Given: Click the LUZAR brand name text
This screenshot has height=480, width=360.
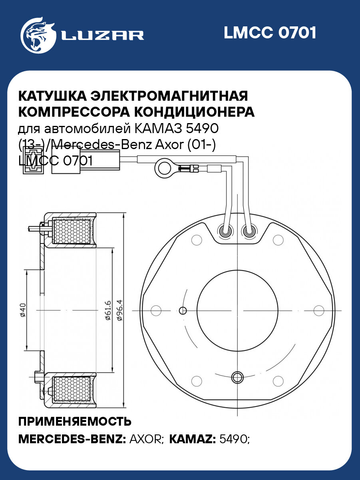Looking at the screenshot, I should (x=102, y=35).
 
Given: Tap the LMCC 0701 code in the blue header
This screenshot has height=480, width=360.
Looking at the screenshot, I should (x=270, y=33).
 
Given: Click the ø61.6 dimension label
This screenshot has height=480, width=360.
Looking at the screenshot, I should (x=107, y=310).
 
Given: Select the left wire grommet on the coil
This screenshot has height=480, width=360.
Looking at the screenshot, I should (x=225, y=231).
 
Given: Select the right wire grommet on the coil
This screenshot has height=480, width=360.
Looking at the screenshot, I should (x=250, y=231).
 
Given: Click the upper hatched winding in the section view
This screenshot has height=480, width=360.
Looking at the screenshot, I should (x=72, y=232).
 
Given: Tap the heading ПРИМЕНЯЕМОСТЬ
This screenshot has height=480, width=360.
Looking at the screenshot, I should (x=75, y=422).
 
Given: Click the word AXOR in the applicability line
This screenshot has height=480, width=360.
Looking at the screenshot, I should (x=145, y=439).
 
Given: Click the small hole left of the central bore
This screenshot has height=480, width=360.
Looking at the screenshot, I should (x=183, y=310).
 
